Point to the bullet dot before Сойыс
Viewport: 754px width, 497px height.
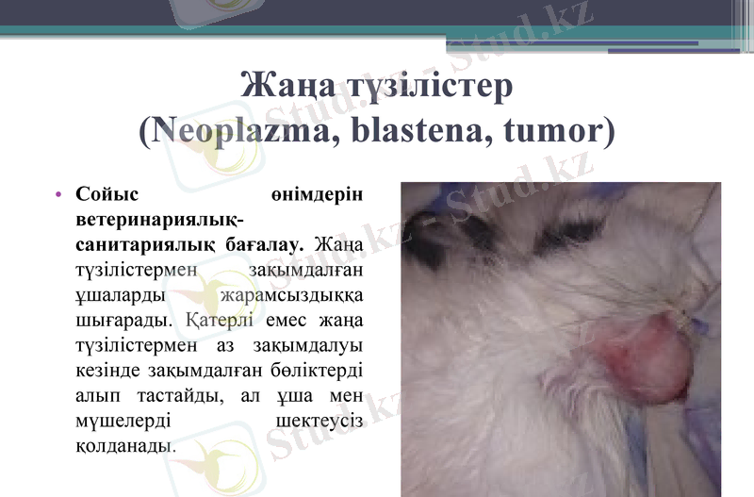(x=58, y=196)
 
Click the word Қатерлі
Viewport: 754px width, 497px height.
(x=217, y=318)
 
